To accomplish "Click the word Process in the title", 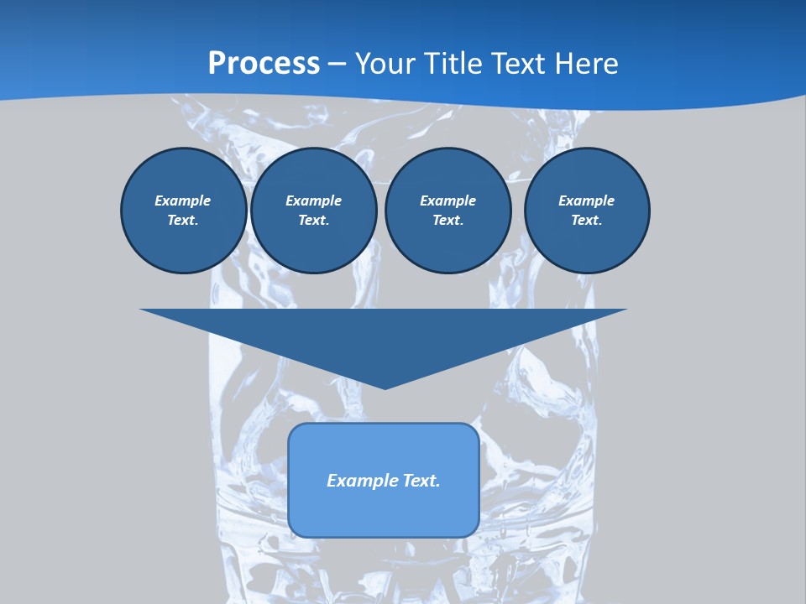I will pos(264,64).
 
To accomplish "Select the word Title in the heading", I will pos(456,64).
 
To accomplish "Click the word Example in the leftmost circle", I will pos(182,200).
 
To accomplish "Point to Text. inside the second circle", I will pos(313,221).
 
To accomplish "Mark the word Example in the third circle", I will pos(447,200).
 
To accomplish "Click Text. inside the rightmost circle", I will pos(586,221).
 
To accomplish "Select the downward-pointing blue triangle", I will pos(384,336).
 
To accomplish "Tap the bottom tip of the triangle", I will pos(385,387).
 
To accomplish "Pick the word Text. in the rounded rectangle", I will pos(421,481).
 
